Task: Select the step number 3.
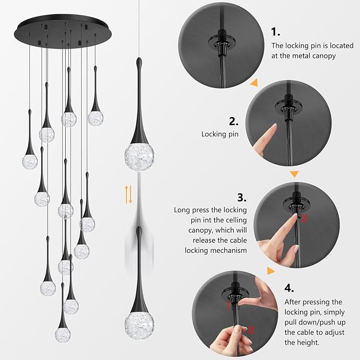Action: (x=242, y=197)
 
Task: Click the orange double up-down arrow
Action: (x=128, y=194)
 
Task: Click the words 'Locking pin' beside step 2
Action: (x=219, y=134)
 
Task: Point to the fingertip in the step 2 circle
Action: (x=274, y=128)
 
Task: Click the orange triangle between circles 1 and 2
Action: (x=254, y=83)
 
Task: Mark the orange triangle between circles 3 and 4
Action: (x=271, y=270)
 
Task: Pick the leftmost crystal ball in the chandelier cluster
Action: (x=30, y=161)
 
